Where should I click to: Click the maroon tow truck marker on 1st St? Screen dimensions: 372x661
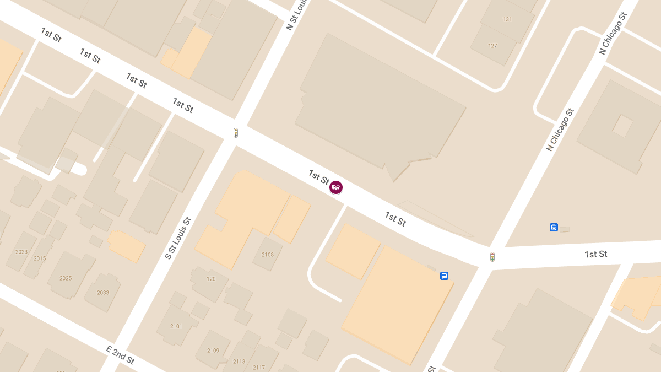(x=336, y=187)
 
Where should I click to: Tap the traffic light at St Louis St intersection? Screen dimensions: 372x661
(x=236, y=133)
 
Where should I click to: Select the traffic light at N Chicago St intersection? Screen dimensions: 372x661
(x=492, y=257)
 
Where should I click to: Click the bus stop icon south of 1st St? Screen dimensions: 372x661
(x=444, y=276)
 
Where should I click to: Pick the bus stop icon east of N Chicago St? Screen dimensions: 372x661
(x=554, y=227)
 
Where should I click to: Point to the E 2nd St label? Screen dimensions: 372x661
(x=120, y=355)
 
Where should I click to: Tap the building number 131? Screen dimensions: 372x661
(x=507, y=19)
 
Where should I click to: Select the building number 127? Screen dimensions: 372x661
(x=492, y=46)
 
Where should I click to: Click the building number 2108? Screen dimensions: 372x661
(x=268, y=255)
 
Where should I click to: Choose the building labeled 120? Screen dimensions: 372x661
(x=211, y=279)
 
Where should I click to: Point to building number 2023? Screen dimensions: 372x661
(x=21, y=252)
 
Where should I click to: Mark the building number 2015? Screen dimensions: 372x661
(x=40, y=258)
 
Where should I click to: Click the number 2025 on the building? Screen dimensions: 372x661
(x=66, y=278)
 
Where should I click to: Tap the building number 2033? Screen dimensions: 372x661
(x=103, y=293)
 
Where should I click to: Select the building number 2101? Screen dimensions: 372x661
(x=176, y=326)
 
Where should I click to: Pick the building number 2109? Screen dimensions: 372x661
(x=213, y=351)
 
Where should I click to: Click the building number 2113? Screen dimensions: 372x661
(x=239, y=362)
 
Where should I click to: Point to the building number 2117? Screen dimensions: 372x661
(x=259, y=368)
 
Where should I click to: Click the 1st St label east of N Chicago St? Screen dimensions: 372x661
(x=596, y=254)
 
